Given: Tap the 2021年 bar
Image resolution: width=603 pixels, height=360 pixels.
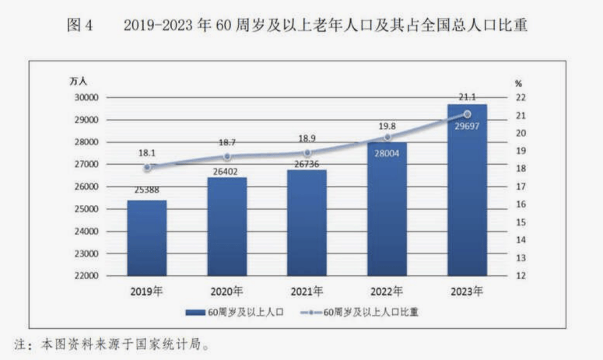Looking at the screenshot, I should pyautogui.click(x=307, y=223).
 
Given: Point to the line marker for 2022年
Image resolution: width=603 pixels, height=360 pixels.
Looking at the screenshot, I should pyautogui.click(x=387, y=137).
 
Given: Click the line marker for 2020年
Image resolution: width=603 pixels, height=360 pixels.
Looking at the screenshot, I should pyautogui.click(x=227, y=157).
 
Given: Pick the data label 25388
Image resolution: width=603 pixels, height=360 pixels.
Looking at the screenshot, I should pyautogui.click(x=147, y=190).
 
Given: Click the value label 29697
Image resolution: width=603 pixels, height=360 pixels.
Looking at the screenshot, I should pyautogui.click(x=467, y=126).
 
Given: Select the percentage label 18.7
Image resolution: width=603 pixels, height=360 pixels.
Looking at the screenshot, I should pyautogui.click(x=227, y=143).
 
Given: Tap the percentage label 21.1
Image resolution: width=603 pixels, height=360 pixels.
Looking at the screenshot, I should pyautogui.click(x=467, y=97).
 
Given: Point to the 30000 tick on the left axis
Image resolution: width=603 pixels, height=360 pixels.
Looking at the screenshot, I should pyautogui.click(x=87, y=98).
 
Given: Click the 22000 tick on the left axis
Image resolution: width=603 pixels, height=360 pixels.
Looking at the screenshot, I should pyautogui.click(x=87, y=276).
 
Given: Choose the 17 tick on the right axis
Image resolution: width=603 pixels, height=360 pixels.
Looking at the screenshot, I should pyautogui.click(x=520, y=187).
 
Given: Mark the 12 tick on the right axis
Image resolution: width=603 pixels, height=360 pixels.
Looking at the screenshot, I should pyautogui.click(x=520, y=276).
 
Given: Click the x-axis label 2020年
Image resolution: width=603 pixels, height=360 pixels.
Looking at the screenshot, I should pyautogui.click(x=227, y=291).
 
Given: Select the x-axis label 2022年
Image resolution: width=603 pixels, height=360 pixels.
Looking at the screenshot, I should pyautogui.click(x=387, y=291).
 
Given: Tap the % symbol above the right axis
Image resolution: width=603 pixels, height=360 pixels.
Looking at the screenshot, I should pyautogui.click(x=519, y=84).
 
